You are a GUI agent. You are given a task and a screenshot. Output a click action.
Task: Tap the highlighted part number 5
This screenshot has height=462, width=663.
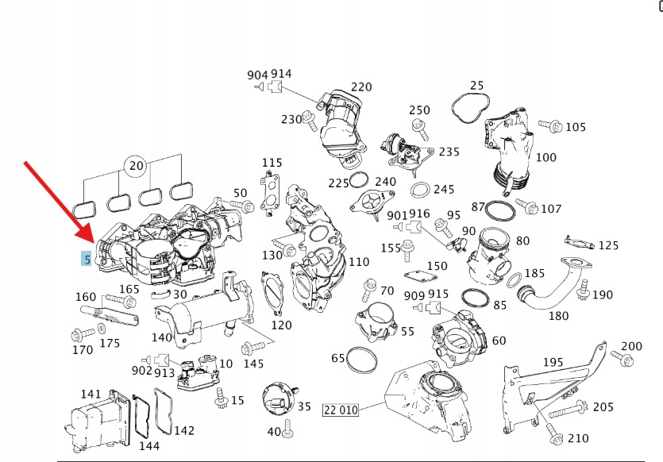[86, 259]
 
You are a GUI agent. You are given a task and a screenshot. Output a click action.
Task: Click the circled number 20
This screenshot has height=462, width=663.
[136, 166]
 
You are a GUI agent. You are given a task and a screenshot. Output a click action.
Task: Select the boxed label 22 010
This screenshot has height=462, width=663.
[341, 410]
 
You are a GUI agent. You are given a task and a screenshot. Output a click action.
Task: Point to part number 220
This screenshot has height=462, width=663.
[361, 87]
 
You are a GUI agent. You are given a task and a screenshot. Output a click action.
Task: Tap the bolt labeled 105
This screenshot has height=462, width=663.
[549, 126]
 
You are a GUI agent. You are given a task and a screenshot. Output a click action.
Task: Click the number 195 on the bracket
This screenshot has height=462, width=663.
[553, 362]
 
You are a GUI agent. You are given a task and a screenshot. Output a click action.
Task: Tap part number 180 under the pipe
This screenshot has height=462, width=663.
[558, 315]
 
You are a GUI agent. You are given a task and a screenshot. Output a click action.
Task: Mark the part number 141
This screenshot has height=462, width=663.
[91, 395]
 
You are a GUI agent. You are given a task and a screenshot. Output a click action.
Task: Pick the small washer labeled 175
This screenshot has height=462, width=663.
[102, 329]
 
